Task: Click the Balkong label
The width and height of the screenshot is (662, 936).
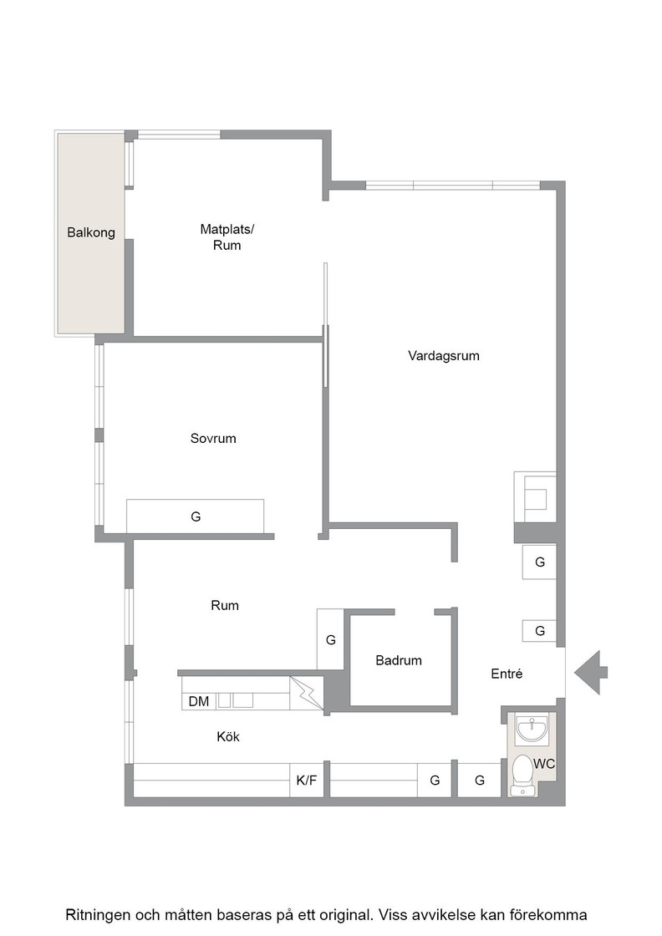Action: (x=91, y=233)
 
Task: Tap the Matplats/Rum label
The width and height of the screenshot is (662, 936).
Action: (x=227, y=237)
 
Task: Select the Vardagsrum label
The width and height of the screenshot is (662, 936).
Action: (x=444, y=356)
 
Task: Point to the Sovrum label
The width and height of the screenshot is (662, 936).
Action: (x=213, y=438)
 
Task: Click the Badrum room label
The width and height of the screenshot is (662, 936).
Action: (x=399, y=660)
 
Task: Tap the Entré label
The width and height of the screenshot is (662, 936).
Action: (x=507, y=674)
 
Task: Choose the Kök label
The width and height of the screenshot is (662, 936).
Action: (x=228, y=736)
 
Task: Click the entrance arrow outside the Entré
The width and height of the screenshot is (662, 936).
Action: (x=591, y=673)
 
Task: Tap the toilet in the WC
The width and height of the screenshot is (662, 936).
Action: (x=523, y=775)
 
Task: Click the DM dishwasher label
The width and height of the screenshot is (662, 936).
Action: (x=199, y=701)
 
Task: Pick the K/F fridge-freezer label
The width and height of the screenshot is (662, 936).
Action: (x=307, y=781)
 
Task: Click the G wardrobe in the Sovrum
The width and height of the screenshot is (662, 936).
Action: (x=196, y=516)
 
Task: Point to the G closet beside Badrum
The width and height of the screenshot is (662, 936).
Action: (x=330, y=639)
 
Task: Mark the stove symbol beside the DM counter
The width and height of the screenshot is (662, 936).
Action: (x=306, y=693)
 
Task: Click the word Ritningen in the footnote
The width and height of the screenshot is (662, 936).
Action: (x=97, y=914)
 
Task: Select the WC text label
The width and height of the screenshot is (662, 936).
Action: (x=544, y=764)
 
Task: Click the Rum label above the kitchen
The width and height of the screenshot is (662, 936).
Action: (x=225, y=605)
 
